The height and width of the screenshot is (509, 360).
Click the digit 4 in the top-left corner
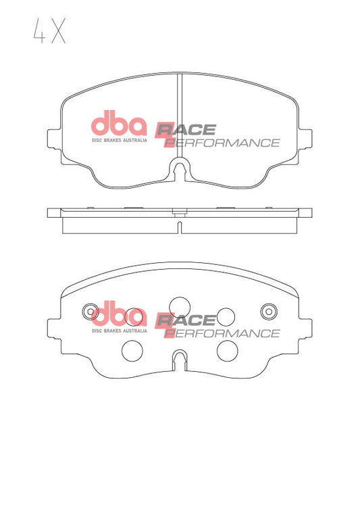(40, 31)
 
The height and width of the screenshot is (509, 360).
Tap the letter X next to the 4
(58, 31)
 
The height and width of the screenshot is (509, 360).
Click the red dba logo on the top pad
(119, 123)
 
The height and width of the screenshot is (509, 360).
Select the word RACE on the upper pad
(186, 130)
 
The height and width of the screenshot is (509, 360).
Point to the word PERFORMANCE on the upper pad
(222, 143)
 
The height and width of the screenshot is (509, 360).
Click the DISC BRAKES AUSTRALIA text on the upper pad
(120, 140)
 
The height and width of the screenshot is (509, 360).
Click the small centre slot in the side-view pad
(180, 227)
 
